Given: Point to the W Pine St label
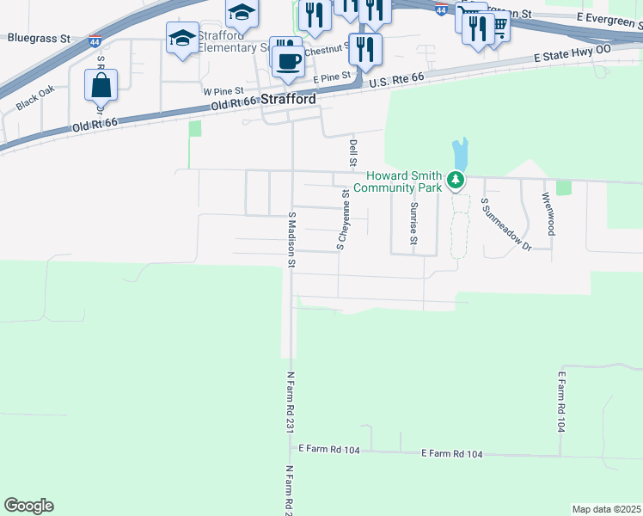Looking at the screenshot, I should (224, 90).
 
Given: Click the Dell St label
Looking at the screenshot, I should (352, 152).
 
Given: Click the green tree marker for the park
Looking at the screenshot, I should (456, 181).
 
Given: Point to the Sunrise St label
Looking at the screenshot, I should (413, 223).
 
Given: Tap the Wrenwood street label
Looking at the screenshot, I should (548, 212).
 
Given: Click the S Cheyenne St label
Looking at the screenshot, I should (342, 220).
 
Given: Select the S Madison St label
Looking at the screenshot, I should (291, 240).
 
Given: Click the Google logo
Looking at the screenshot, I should (28, 506).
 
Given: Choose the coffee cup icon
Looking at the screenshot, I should (287, 59).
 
